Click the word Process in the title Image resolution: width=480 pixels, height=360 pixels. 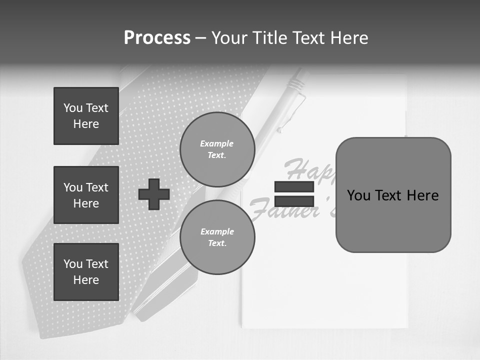(x=157, y=38)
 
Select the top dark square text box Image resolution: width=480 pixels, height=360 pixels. (x=86, y=116)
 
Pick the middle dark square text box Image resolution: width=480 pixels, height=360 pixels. (x=86, y=195)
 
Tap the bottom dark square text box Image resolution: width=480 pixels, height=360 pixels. (x=86, y=272)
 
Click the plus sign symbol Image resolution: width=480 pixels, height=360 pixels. (x=154, y=194)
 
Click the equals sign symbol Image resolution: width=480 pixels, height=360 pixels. (x=294, y=194)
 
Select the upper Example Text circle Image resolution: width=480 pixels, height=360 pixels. (x=217, y=149)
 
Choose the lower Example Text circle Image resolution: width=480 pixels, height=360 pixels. (x=217, y=237)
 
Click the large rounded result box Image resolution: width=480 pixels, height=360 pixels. (x=393, y=195)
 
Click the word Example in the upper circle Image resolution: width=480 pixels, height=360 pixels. (x=216, y=143)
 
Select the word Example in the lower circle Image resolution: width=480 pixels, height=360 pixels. (x=217, y=231)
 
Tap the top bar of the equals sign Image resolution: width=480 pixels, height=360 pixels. (x=294, y=187)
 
